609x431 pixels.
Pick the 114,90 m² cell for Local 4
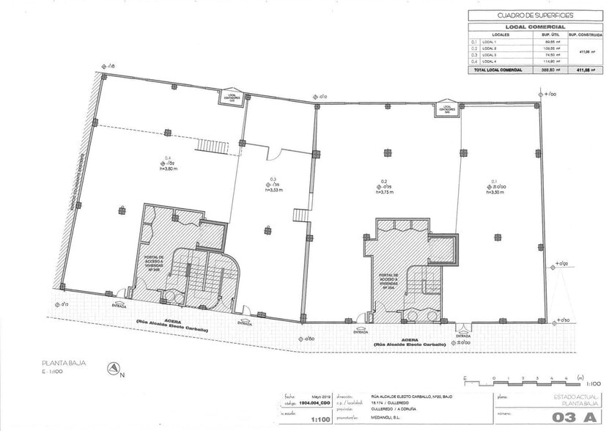(546, 62)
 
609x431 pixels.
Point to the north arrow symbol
(114, 369)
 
